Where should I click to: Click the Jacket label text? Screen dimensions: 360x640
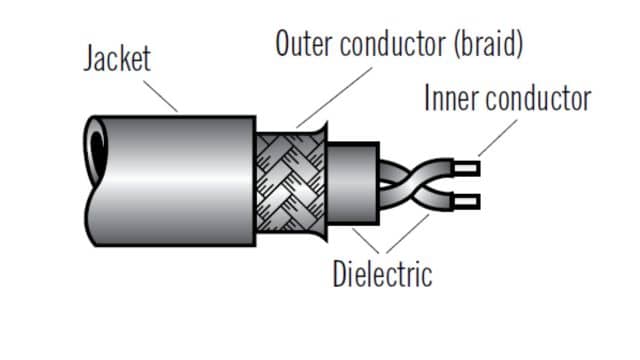coord(117,57)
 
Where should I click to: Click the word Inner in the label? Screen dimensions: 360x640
coord(452,99)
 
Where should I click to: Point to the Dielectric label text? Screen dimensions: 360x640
coord(382,273)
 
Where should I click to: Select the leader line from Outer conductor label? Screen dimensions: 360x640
coord(330,96)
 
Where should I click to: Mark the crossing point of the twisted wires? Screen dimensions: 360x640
coord(408,182)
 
